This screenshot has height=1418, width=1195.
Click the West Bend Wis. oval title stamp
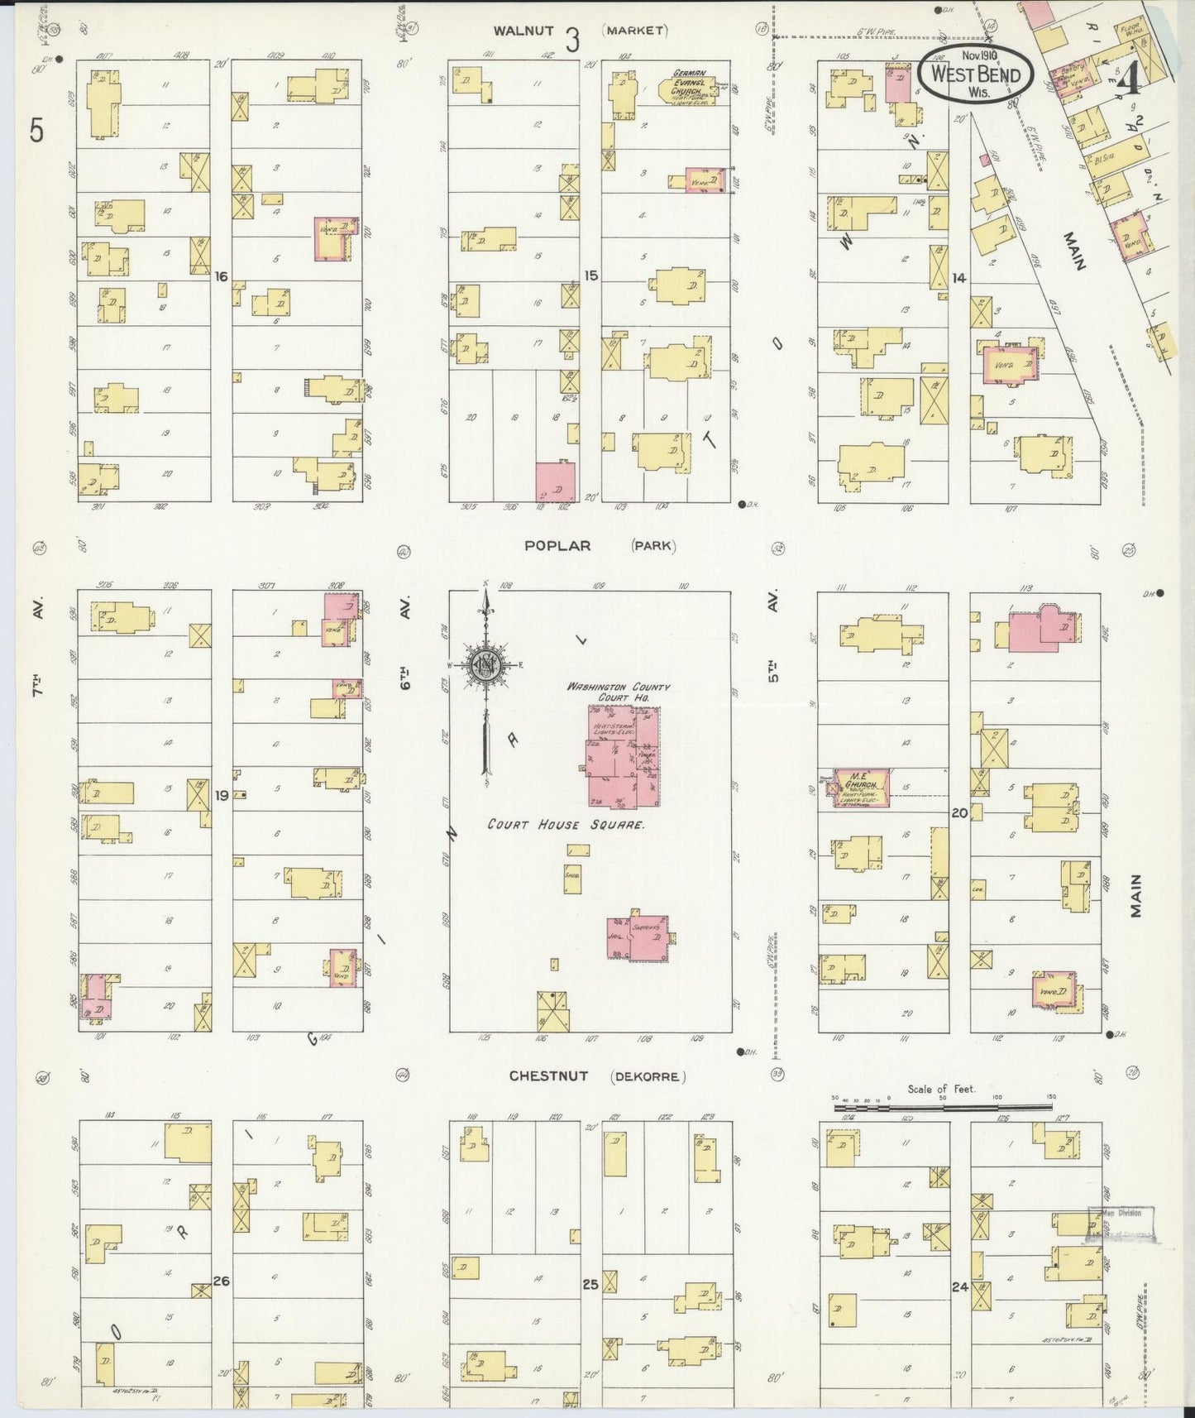point(974,73)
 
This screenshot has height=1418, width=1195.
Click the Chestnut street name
point(548,1075)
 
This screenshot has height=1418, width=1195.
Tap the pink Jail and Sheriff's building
point(639,938)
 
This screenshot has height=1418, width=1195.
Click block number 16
point(221,276)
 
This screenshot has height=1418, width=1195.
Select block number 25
point(589,1285)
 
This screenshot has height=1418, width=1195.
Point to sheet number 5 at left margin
point(35,131)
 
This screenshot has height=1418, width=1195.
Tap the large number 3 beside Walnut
point(572,39)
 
